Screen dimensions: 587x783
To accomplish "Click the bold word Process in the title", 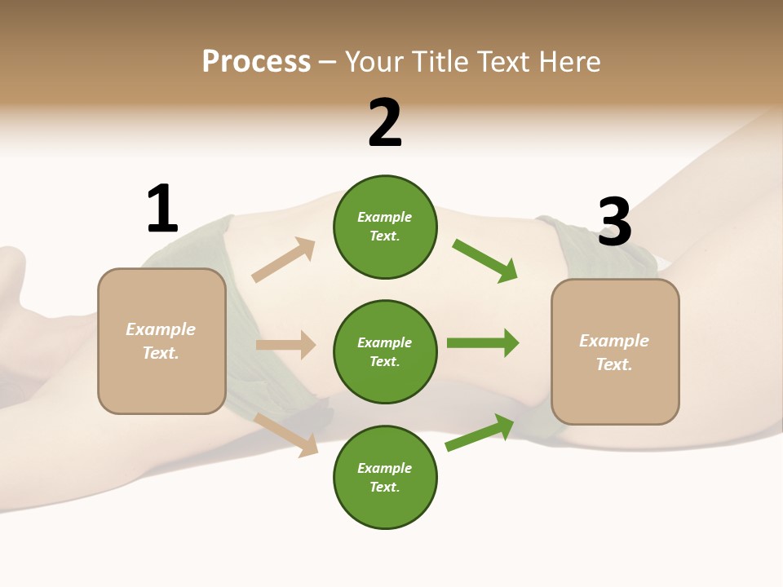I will click(256, 62).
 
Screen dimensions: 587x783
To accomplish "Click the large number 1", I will click(162, 209).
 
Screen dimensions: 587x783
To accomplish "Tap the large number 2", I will click(385, 123).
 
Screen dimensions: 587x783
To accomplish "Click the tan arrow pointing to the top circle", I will click(284, 260).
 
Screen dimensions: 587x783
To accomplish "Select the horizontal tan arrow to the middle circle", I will click(285, 345).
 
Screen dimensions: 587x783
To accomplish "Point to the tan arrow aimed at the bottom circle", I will click(286, 434).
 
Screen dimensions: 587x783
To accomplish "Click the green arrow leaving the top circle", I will click(485, 261).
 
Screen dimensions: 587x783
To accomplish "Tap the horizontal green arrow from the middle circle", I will click(483, 342).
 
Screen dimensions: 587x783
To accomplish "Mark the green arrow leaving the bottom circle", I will click(480, 432).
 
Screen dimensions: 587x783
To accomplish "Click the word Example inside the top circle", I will click(385, 217).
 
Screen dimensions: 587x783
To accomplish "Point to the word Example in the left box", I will click(161, 329).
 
